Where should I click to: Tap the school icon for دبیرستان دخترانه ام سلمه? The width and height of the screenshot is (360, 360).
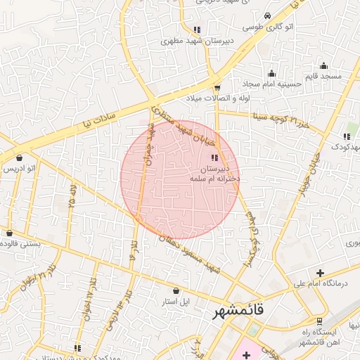pyautogui.click(x=214, y=157)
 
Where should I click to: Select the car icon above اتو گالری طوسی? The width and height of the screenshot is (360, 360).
pyautogui.click(x=267, y=16)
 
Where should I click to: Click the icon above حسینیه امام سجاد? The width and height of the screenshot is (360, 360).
pyautogui.click(x=271, y=73)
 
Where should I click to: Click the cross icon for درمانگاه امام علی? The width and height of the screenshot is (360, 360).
pyautogui.click(x=320, y=272)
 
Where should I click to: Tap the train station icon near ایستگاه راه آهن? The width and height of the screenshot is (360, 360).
pyautogui.click(x=320, y=321)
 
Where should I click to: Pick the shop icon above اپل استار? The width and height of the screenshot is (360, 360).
pyautogui.click(x=176, y=290)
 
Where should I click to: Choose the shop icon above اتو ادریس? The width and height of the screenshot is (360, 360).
pyautogui.click(x=18, y=157)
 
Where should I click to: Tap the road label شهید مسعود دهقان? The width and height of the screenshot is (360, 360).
pyautogui.click(x=190, y=252)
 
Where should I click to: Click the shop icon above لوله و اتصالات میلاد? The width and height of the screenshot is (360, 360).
pyautogui.click(x=217, y=88)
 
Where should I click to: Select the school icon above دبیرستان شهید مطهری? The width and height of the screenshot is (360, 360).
pyautogui.click(x=197, y=30)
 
